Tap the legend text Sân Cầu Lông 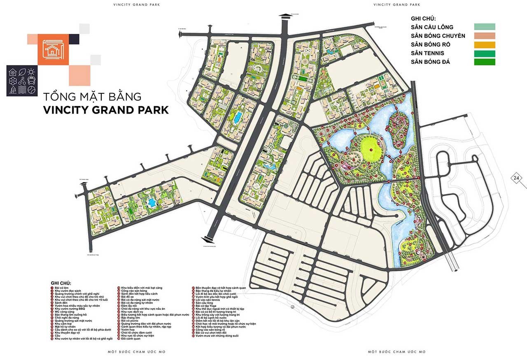click(432, 27)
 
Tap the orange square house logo click(53, 49)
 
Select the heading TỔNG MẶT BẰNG click(92, 97)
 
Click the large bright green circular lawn click(369, 149)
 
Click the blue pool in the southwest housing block click(152, 202)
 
